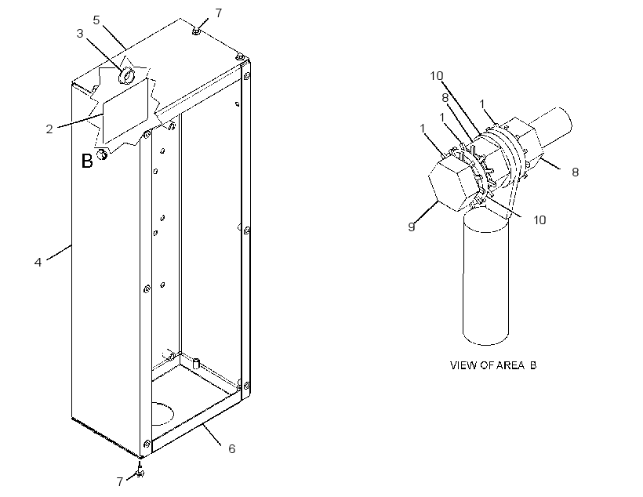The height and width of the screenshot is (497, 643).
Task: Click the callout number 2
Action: (x=49, y=129)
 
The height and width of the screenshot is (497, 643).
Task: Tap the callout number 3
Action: (x=80, y=34)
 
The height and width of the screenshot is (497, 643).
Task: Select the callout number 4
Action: (x=38, y=262)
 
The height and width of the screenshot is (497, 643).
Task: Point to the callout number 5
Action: (x=96, y=20)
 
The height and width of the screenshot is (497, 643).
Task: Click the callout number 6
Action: (x=231, y=449)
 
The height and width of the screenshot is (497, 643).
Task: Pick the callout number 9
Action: (x=412, y=227)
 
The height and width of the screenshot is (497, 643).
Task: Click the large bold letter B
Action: (x=87, y=161)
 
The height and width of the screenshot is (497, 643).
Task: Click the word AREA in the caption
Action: (x=510, y=365)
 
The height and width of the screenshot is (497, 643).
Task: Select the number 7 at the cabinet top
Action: (x=219, y=13)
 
